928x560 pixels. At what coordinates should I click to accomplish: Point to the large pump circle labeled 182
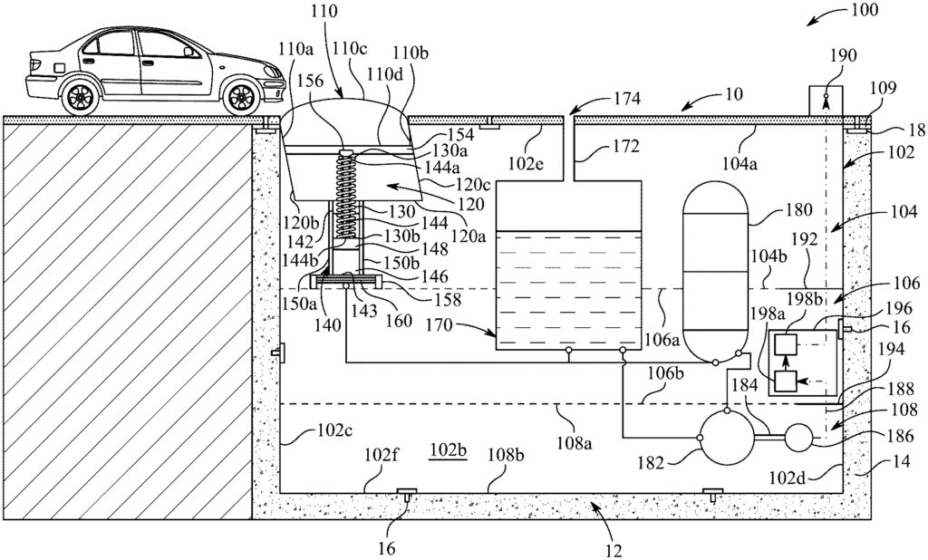pyautogui.click(x=727, y=438)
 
